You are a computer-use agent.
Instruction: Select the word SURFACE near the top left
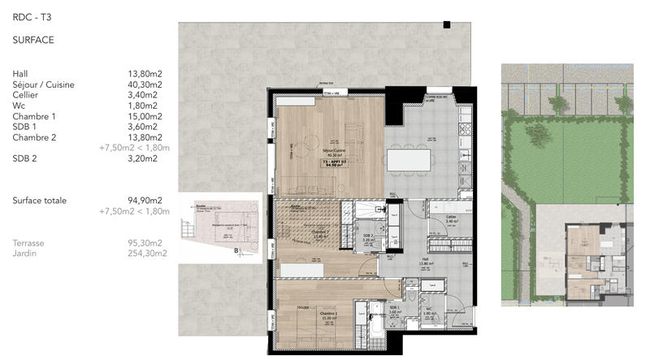[34, 38]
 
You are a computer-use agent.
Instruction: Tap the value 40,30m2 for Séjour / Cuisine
[145, 84]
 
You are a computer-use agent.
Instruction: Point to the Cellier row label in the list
[25, 94]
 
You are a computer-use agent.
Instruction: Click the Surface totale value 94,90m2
[145, 201]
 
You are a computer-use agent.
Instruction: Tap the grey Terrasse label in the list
[28, 243]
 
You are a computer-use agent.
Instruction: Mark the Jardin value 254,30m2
[147, 254]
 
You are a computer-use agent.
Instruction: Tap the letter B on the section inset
[236, 250]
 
